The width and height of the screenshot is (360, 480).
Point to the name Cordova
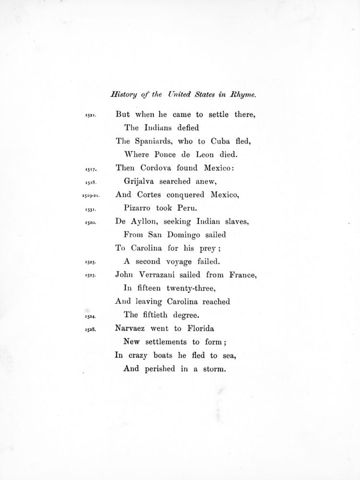(161, 168)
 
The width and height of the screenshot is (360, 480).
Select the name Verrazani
(166, 276)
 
